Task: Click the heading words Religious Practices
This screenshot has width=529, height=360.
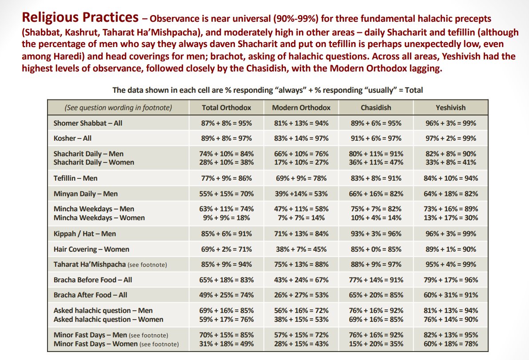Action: click(x=80, y=17)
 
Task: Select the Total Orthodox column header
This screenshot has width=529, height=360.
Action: click(x=227, y=107)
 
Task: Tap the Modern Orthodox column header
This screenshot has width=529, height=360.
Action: click(x=301, y=107)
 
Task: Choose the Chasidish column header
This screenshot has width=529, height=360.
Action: click(x=376, y=107)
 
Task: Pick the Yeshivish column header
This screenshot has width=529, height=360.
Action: click(x=450, y=107)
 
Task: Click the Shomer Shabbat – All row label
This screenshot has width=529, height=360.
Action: click(x=88, y=123)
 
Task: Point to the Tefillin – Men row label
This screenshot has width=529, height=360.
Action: click(x=76, y=178)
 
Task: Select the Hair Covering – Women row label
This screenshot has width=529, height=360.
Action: click(x=91, y=249)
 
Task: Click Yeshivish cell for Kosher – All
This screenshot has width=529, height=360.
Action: click(x=450, y=138)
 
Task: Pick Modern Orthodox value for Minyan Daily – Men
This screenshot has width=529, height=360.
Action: click(x=301, y=194)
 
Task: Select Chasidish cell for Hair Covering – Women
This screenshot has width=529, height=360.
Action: click(x=376, y=249)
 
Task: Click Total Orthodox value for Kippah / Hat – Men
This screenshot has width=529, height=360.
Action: click(x=227, y=233)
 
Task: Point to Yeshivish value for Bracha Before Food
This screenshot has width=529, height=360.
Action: click(x=450, y=280)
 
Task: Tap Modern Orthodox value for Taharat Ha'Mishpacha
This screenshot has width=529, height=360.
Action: click(x=301, y=264)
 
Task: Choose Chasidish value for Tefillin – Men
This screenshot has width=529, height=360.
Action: click(x=376, y=178)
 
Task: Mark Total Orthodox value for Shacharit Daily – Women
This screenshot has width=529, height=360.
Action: click(x=227, y=162)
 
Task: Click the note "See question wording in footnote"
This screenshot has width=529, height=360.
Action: click(x=118, y=107)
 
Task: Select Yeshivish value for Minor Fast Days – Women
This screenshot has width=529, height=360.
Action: click(x=450, y=344)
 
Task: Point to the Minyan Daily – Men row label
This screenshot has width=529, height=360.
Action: click(x=85, y=194)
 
